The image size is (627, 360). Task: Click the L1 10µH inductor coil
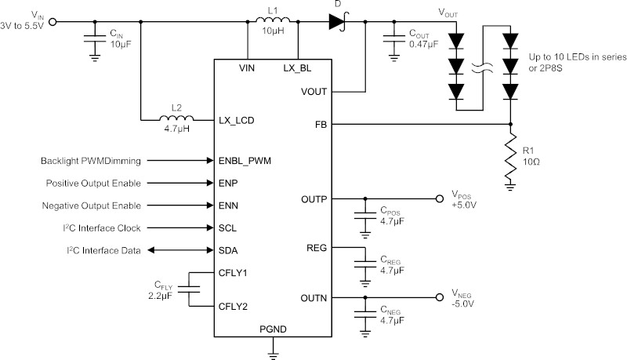point(273,20)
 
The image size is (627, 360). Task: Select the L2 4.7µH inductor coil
point(176,118)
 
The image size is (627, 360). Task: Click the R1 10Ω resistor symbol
point(510,156)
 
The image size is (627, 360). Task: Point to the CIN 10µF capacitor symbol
point(95,38)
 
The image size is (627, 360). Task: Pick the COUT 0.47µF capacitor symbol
point(394,38)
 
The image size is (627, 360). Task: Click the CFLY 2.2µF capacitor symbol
point(189,289)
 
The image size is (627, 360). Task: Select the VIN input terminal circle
point(53,22)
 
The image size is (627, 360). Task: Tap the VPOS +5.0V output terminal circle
point(440,198)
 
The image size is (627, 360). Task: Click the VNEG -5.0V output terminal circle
point(440,297)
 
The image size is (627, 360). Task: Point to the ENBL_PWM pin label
point(245,161)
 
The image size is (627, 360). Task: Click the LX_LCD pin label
point(237,121)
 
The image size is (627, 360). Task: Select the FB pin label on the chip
point(321,125)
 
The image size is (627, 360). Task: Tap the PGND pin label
point(273,329)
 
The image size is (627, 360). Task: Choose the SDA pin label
point(228,250)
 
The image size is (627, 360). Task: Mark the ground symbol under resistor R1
point(510,187)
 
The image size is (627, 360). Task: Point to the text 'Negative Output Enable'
point(92,205)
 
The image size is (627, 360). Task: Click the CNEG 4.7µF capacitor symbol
point(365,315)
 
